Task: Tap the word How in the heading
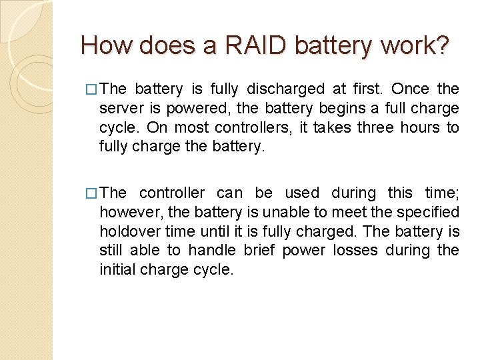coord(101,45)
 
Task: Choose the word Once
coord(411,89)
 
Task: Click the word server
coord(120,108)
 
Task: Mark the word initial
coord(115,269)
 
